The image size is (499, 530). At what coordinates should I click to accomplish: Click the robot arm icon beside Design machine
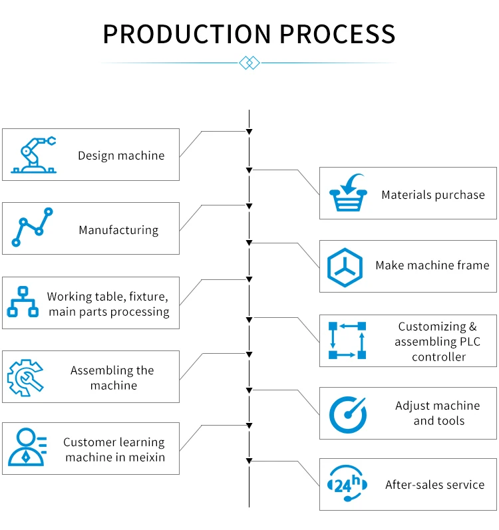tap(34, 156)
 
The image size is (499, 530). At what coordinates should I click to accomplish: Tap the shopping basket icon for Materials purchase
tap(349, 194)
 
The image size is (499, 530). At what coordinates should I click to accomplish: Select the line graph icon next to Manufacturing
tap(32, 228)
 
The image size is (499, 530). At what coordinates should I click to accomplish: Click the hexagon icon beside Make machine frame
tap(345, 266)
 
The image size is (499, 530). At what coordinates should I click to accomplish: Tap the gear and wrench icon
tap(25, 377)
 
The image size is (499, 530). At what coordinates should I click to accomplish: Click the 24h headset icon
tap(346, 485)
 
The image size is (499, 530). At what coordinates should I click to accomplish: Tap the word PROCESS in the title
tap(344, 34)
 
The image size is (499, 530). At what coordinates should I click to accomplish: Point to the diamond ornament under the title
tap(248, 63)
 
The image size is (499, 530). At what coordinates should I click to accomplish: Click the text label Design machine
tap(121, 156)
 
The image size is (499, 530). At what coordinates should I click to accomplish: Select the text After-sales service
tap(434, 485)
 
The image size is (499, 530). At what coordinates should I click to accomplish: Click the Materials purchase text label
tap(433, 195)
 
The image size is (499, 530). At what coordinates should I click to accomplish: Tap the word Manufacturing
tap(118, 230)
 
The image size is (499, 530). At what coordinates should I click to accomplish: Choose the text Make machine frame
tap(432, 265)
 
